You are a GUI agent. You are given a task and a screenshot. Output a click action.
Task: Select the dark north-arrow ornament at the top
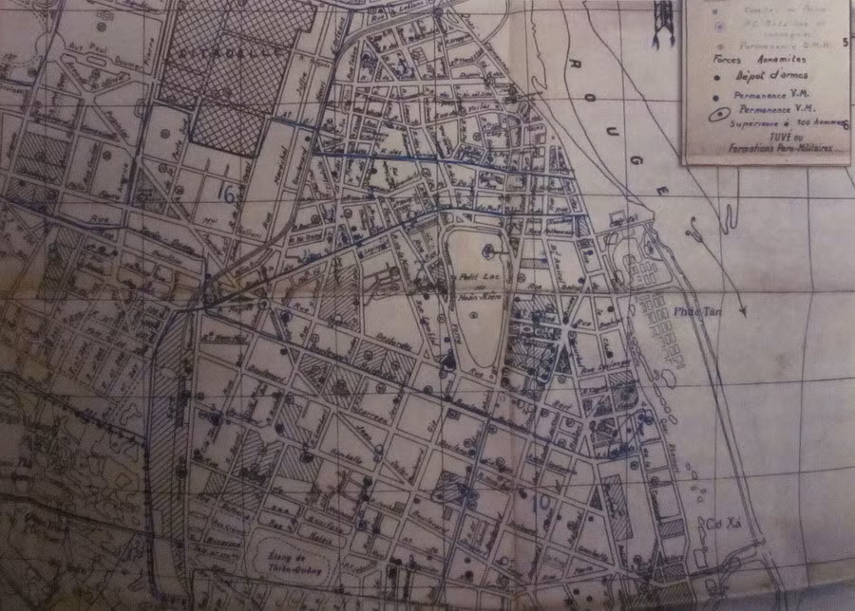[x=661, y=19]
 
